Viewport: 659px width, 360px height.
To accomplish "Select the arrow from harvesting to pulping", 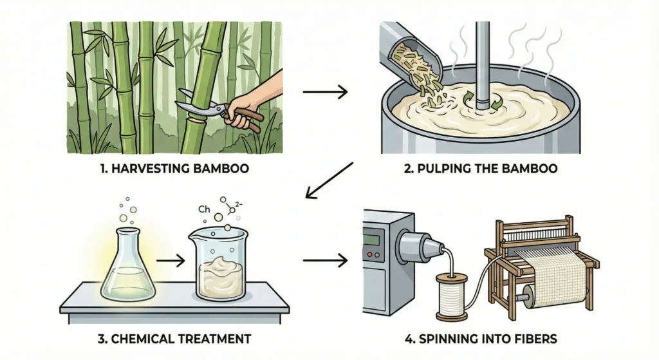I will pos(324,92).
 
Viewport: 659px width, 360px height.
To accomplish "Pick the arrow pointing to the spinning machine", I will pos(324,261).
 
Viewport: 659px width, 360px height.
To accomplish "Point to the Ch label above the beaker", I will pos(204,209).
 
